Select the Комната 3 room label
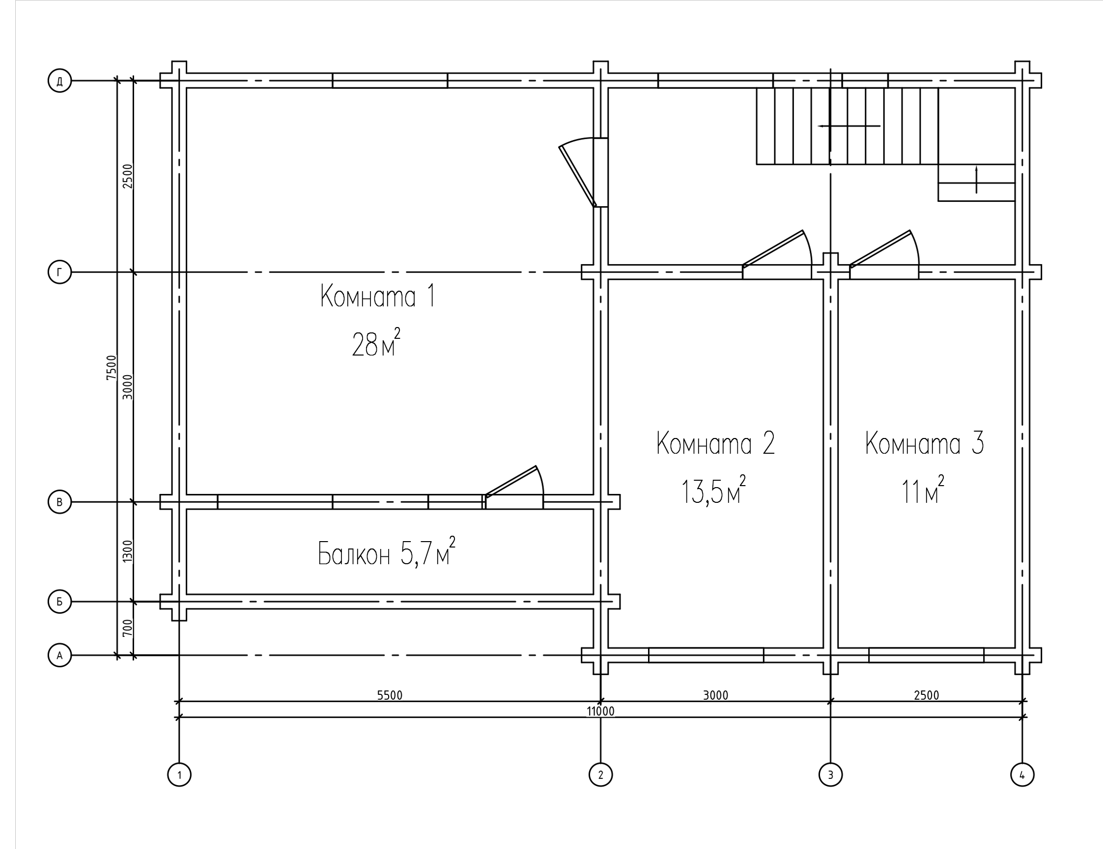925,443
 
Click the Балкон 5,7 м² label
387,552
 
